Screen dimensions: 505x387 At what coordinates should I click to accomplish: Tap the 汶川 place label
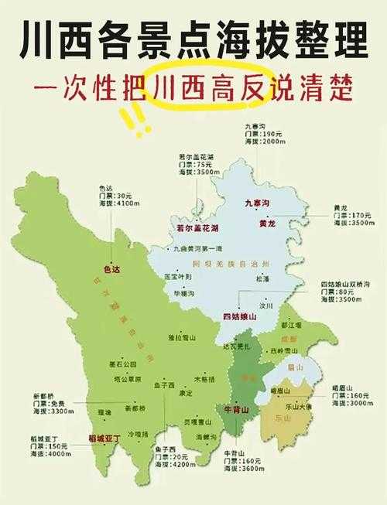coord(268,305)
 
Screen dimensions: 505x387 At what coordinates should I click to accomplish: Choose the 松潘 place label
coord(263,277)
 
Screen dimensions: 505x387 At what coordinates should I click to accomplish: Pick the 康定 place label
coord(187,393)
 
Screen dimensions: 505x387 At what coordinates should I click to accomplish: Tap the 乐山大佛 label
coord(297,405)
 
